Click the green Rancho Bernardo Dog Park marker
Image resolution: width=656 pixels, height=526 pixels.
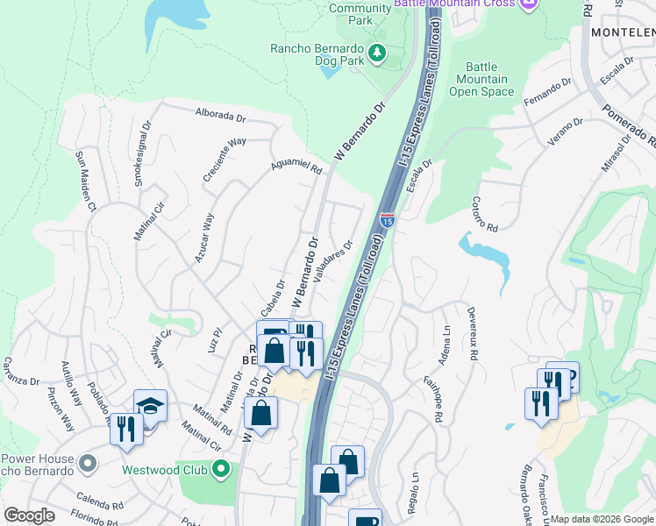pyautogui.click(x=378, y=53)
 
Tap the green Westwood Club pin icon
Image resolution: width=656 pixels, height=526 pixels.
pyautogui.click(x=221, y=469)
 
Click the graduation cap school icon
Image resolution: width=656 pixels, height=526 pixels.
pyautogui.click(x=150, y=407)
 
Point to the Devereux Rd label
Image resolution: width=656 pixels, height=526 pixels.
pyautogui.click(x=472, y=334)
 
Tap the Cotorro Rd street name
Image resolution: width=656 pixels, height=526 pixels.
pyautogui.click(x=478, y=213)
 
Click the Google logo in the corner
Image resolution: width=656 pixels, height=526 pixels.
pyautogui.click(x=29, y=515)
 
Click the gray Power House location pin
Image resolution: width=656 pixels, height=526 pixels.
pyautogui.click(x=87, y=461)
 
